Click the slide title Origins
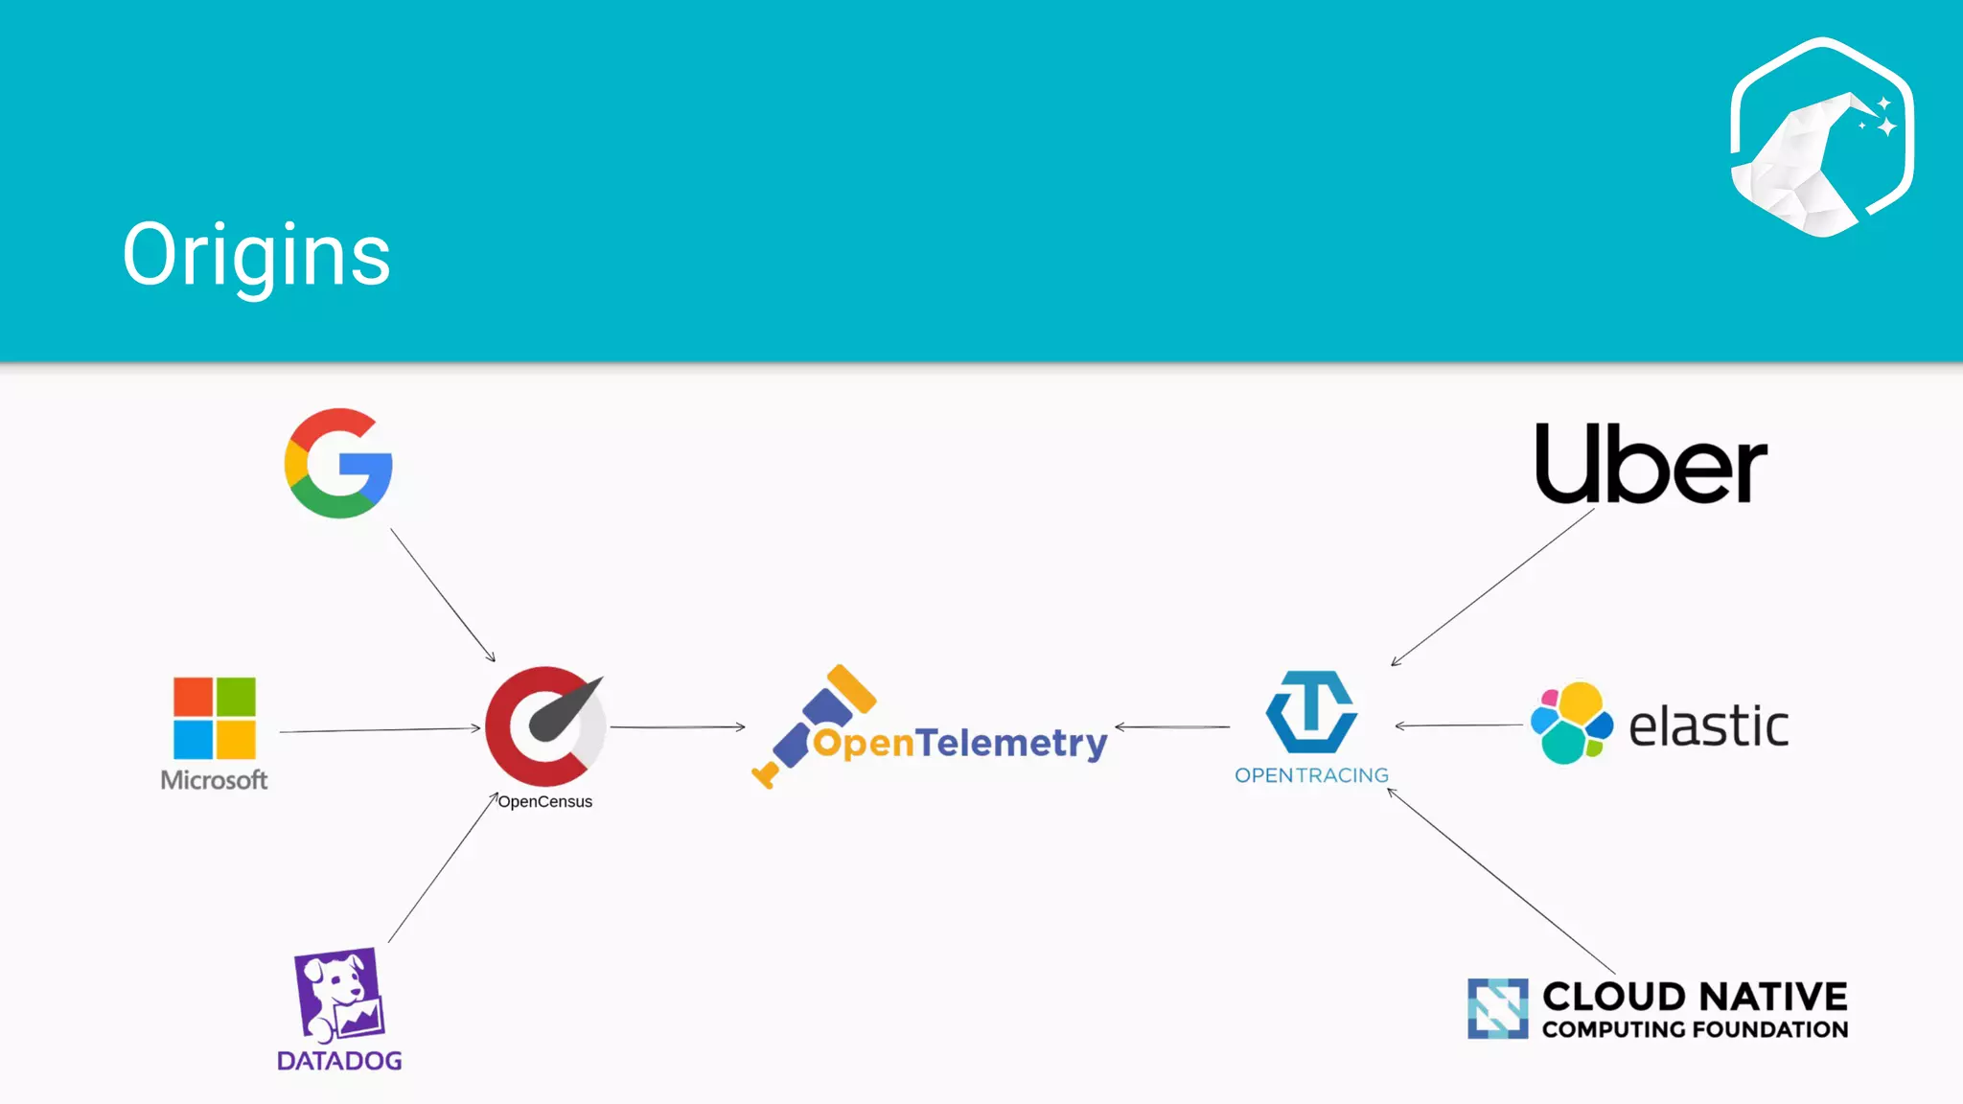point(256,255)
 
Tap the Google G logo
point(338,464)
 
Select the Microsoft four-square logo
point(215,718)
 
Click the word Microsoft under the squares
point(214,780)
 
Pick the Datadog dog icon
point(339,996)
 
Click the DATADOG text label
point(339,1061)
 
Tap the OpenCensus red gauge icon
point(545,726)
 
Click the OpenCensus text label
point(544,802)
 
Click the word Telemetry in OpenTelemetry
point(1011,744)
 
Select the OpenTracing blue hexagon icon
point(1311,712)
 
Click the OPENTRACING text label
point(1311,775)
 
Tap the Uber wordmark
point(1651,464)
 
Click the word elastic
point(1708,726)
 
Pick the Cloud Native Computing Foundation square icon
point(1498,1008)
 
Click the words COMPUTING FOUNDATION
point(1695,1030)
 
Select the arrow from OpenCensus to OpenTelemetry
point(678,727)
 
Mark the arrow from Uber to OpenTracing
point(1492,586)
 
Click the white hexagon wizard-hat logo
point(1822,137)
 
